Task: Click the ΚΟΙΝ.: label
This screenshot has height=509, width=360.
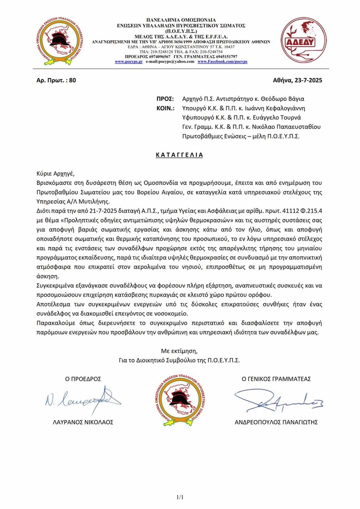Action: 165,108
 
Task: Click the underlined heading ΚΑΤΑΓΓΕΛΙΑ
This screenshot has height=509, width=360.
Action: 180,154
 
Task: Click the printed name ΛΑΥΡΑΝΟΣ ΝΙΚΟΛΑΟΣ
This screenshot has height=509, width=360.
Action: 83,422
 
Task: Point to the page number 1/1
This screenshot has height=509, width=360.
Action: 180,497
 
